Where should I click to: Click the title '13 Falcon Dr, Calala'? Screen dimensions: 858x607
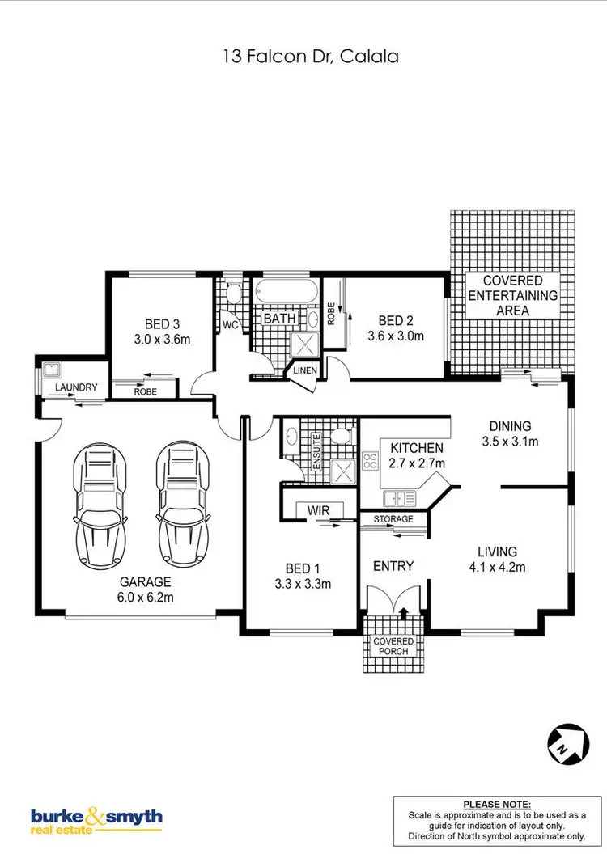[x=303, y=57]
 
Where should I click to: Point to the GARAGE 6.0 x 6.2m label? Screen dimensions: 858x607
[x=146, y=589]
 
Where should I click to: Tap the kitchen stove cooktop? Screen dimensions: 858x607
[x=371, y=461]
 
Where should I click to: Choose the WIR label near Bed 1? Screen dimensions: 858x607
[x=316, y=510]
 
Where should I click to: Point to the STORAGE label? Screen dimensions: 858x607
[x=393, y=518]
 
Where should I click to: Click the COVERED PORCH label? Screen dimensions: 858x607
[x=393, y=645]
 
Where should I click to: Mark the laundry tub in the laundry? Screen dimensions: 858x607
[x=53, y=370]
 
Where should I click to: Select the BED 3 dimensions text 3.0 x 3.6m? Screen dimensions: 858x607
[x=162, y=340]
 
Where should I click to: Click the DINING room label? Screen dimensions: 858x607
[x=510, y=426]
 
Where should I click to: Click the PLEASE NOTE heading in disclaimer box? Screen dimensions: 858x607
[x=497, y=805]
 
